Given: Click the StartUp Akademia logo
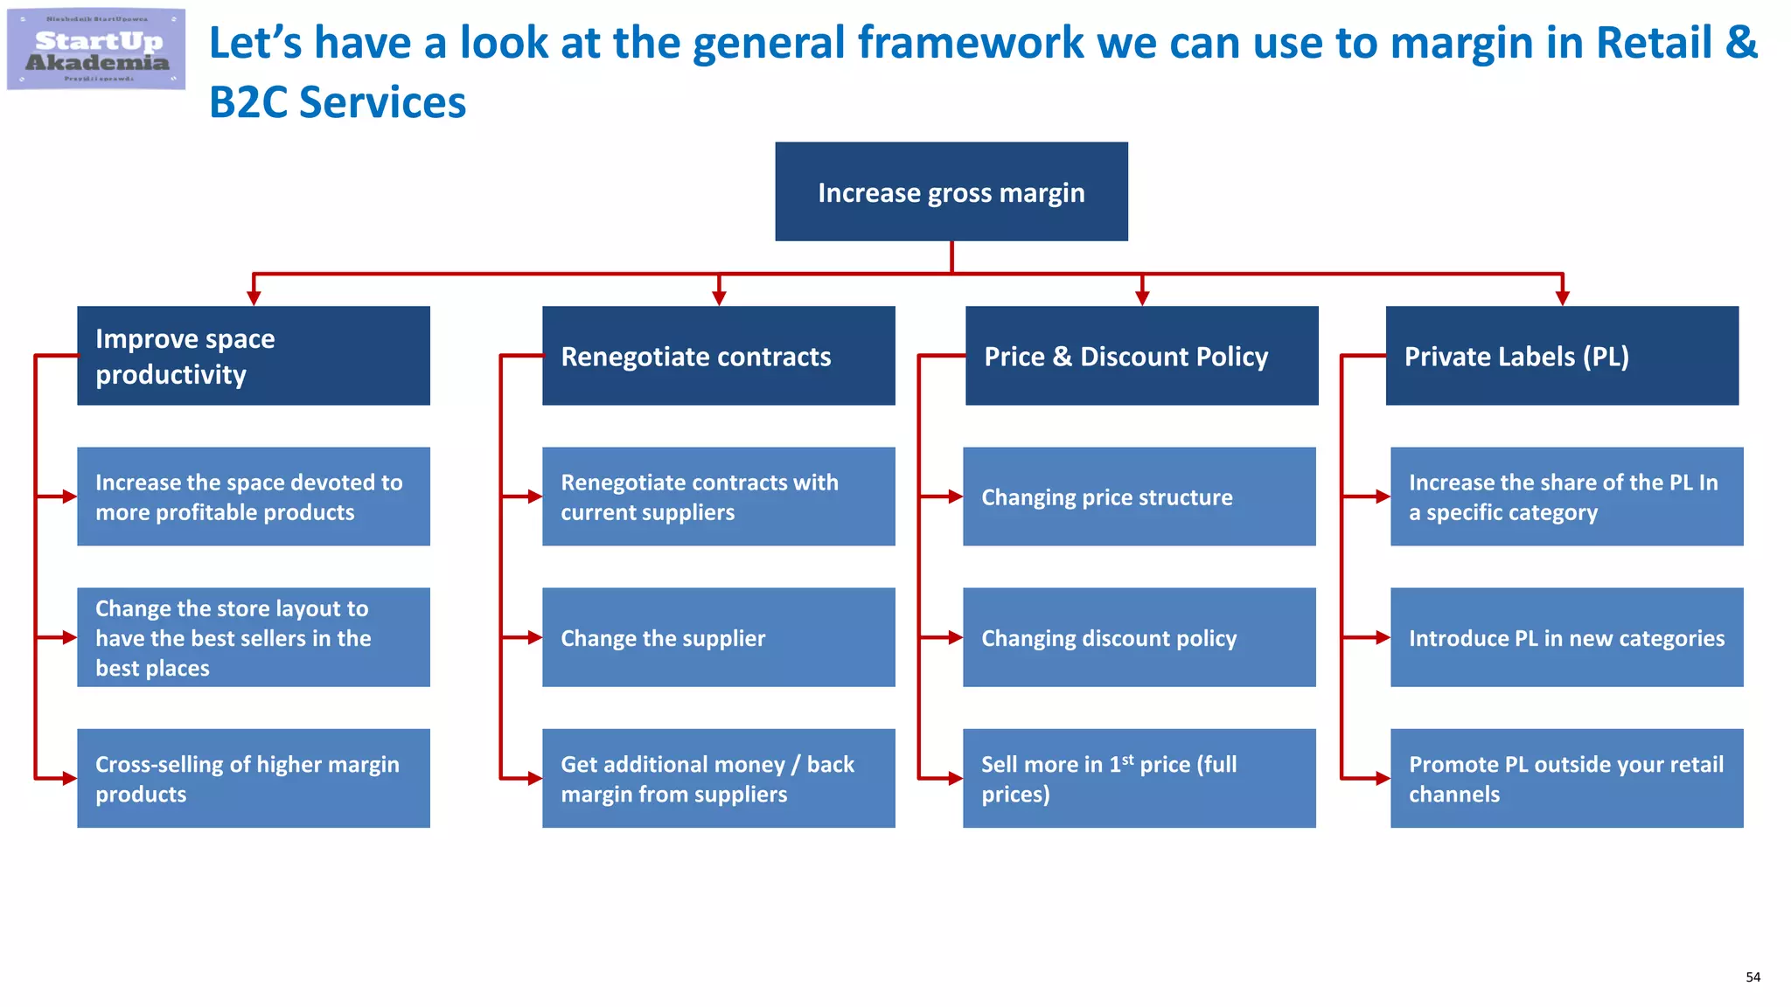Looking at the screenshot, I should click(96, 50).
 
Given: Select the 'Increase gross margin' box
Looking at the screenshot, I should click(951, 191).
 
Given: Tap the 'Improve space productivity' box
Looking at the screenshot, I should click(254, 356).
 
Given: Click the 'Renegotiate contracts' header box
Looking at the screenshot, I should click(718, 356).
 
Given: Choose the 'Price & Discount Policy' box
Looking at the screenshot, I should click(1141, 356).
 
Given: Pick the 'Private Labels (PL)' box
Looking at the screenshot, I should click(1562, 356).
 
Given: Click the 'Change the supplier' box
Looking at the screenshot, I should click(718, 637).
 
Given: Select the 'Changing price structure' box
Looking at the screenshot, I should click(1139, 497).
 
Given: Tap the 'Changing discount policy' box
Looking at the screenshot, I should click(1139, 637).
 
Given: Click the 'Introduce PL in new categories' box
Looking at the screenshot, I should click(1566, 637).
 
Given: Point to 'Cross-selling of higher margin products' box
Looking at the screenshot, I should click(254, 778).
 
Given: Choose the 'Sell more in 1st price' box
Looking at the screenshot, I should click(1139, 778).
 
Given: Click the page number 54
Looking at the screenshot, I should click(1753, 977).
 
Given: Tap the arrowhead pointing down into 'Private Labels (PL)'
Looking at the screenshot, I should click(1563, 299).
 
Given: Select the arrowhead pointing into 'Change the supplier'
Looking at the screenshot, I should click(535, 637).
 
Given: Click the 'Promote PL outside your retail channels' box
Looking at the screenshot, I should click(1566, 778).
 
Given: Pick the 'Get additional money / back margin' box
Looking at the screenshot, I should click(718, 778).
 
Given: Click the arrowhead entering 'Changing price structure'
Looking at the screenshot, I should click(956, 497).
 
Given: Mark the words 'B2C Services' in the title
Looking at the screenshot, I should click(338, 102).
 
